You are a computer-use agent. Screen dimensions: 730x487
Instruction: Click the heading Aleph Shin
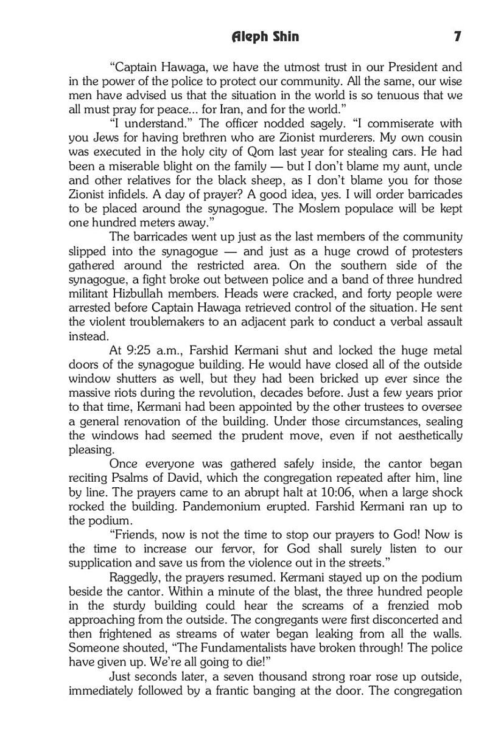[x=265, y=36]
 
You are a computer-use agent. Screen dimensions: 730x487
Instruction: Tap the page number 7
[x=457, y=36]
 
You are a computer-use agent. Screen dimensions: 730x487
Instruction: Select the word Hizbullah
[x=134, y=293]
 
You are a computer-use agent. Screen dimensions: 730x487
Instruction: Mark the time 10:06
[x=327, y=492]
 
